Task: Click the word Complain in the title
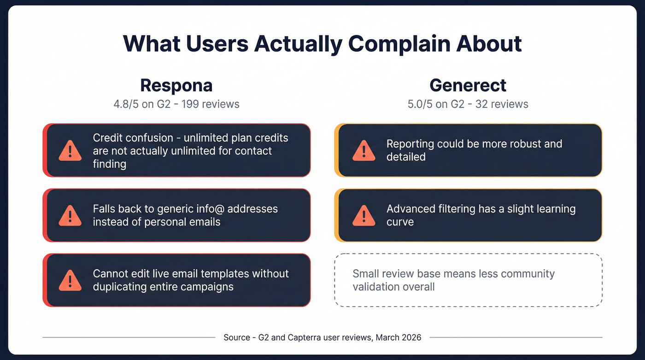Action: tap(398, 43)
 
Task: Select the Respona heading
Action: tap(176, 85)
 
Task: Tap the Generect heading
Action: tap(468, 85)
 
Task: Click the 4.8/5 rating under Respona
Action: tap(126, 104)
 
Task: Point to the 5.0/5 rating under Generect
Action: tap(420, 104)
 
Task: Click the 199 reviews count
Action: tap(211, 104)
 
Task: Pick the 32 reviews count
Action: tap(502, 104)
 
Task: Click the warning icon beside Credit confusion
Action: tap(70, 151)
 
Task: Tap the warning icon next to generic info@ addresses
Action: tap(70, 215)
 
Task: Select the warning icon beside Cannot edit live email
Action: tap(70, 280)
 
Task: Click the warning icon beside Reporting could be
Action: tap(364, 151)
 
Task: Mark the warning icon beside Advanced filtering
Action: tap(364, 215)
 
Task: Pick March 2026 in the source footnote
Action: tap(399, 337)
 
